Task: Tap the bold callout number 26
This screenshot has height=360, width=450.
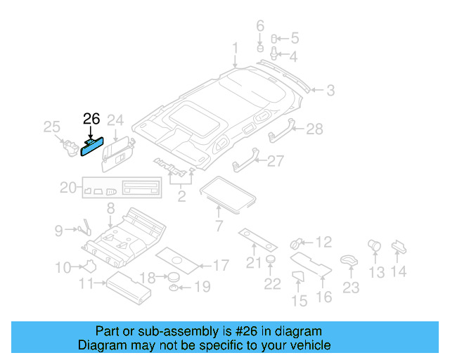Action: (92, 119)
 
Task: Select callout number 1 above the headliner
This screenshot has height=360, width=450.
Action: (236, 49)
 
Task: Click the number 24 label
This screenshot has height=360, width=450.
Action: (115, 120)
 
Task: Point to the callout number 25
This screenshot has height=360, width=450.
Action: (52, 127)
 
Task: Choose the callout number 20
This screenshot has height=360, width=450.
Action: (67, 187)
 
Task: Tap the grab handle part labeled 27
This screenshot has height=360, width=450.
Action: (243, 164)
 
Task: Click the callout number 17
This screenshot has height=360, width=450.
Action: (220, 266)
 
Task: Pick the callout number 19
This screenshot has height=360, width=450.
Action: (202, 286)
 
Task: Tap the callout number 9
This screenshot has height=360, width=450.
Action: (59, 229)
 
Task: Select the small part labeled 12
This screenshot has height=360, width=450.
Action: (296, 243)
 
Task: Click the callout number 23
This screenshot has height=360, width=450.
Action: (350, 288)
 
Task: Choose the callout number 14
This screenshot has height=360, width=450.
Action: (399, 271)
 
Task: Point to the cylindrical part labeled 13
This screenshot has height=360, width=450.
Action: (374, 245)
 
